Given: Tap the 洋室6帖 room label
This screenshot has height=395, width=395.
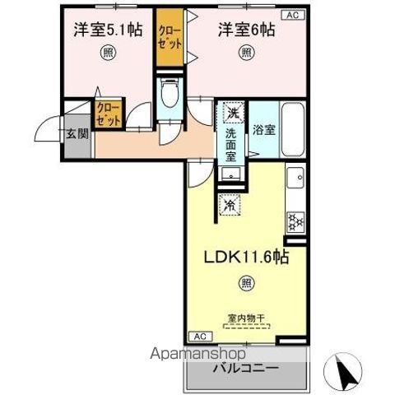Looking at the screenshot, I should [246, 30].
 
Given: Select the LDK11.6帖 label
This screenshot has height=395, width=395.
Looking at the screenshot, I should [247, 257].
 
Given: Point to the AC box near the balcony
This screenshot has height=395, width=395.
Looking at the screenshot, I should [198, 336].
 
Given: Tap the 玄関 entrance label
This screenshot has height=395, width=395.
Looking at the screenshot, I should [77, 133].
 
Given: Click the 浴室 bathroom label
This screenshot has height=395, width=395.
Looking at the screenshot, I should [264, 129].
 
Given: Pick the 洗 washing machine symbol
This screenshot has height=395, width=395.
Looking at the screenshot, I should [233, 113].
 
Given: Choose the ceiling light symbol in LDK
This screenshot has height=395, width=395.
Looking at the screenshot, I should [247, 283].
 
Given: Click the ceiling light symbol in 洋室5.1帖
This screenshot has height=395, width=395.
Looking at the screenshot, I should [109, 54].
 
